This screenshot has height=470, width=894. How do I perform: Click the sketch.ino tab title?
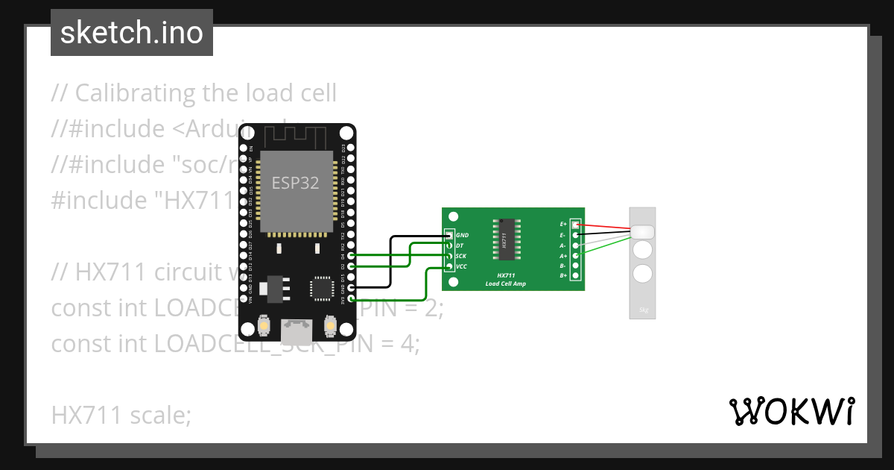click(131, 33)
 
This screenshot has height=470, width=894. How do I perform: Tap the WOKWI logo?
click(790, 411)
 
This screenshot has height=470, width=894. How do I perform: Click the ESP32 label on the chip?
click(295, 183)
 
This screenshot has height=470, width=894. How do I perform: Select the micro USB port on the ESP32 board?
click(297, 328)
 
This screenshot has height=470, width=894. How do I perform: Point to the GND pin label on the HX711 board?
click(462, 235)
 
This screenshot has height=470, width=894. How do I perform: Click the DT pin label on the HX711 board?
click(460, 245)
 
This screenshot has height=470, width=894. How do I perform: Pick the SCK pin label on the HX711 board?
click(461, 256)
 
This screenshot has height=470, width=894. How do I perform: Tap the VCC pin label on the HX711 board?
click(462, 266)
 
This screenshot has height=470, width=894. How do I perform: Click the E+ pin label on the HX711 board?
click(563, 224)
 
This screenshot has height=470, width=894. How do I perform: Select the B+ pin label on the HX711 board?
click(563, 276)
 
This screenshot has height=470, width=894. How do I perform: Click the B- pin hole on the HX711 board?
click(575, 266)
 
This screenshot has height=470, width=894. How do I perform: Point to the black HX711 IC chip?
click(504, 240)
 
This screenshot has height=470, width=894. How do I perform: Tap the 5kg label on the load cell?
click(642, 310)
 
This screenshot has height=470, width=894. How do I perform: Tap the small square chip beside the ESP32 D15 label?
click(323, 287)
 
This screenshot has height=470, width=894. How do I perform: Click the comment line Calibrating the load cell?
click(194, 93)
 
